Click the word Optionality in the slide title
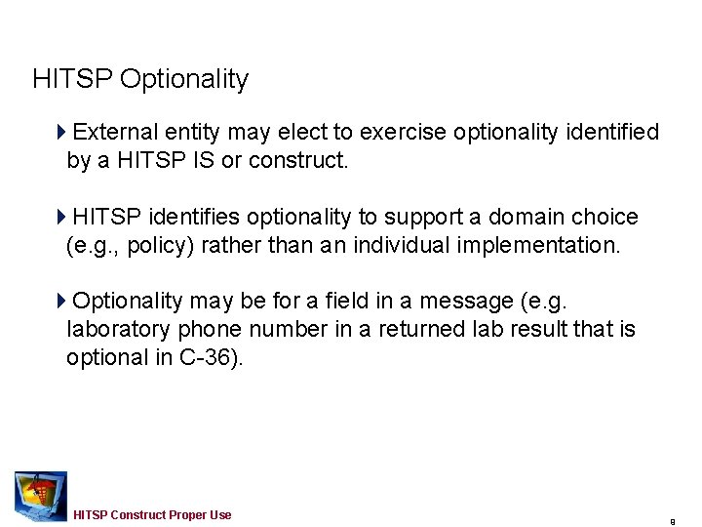[184, 79]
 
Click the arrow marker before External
[62, 132]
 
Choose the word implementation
[537, 245]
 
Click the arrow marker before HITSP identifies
[62, 217]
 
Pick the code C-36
[203, 358]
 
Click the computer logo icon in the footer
[41, 496]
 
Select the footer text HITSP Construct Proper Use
[152, 514]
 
